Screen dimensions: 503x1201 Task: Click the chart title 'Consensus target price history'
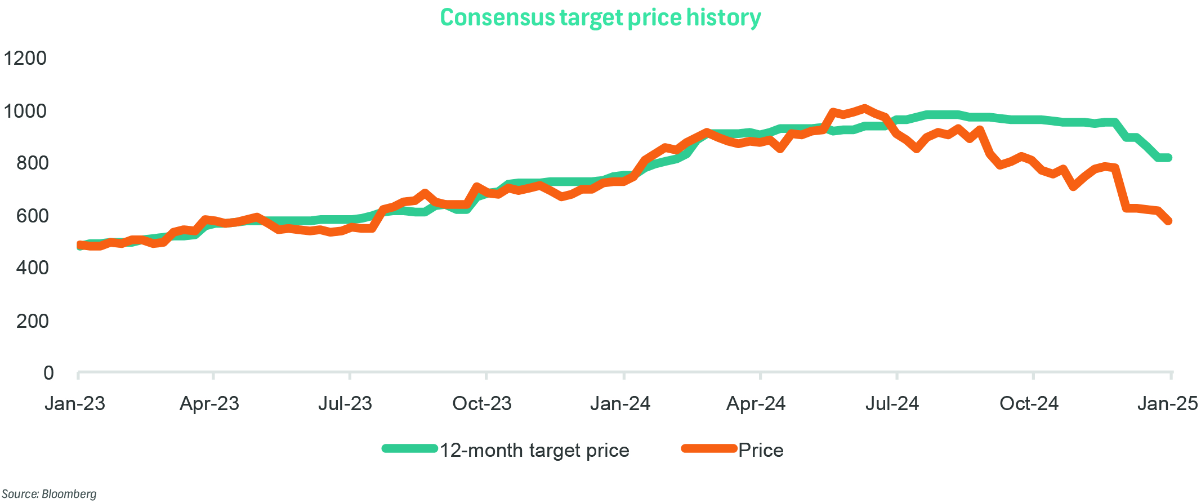point(600,17)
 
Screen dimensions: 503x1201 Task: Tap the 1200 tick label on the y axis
point(25,58)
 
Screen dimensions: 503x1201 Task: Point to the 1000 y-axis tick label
point(25,111)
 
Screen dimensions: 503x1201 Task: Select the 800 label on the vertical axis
point(32,163)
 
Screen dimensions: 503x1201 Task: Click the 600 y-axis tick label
point(32,216)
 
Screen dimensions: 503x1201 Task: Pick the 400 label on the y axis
point(32,268)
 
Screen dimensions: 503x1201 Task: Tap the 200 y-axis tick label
point(32,321)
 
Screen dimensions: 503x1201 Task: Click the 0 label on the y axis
point(48,373)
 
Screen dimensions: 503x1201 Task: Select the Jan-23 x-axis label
point(75,403)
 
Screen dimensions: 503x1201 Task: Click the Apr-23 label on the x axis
point(209,403)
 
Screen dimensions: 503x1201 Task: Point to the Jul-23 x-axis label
point(345,403)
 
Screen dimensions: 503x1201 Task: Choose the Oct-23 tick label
point(482,403)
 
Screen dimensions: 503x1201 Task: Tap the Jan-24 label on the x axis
point(620,403)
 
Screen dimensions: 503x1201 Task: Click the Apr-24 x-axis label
point(756,403)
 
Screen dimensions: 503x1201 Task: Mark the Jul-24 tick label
point(892,403)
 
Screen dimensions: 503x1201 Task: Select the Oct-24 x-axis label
point(1029,403)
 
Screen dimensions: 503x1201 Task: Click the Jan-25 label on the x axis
point(1167,403)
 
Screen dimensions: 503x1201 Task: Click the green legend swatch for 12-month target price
point(410,449)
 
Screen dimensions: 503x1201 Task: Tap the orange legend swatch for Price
point(709,449)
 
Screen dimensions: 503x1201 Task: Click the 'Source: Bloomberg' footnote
point(49,494)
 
